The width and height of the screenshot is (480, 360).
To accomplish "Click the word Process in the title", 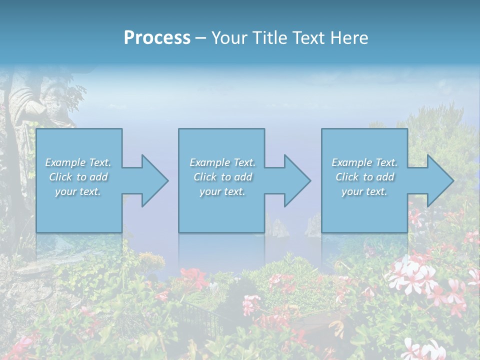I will (x=157, y=37).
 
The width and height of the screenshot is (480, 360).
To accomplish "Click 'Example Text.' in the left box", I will (x=78, y=162).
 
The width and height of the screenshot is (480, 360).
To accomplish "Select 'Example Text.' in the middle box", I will (x=222, y=162).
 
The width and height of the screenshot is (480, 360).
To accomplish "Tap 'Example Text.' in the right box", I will (x=364, y=162).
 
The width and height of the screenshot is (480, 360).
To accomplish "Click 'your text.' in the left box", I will (x=78, y=191).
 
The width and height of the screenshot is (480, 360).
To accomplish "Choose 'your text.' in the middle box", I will (x=222, y=191).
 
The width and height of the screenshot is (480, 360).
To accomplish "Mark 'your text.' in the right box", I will (x=364, y=191).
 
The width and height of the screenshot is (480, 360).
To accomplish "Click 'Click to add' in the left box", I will (x=78, y=177).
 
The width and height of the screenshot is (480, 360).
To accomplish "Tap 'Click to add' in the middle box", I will (x=222, y=177).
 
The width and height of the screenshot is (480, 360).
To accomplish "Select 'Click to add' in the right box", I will (x=364, y=177).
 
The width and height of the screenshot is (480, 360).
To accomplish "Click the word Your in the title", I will (x=228, y=37).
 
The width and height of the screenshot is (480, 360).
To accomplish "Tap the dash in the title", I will (x=201, y=38).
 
